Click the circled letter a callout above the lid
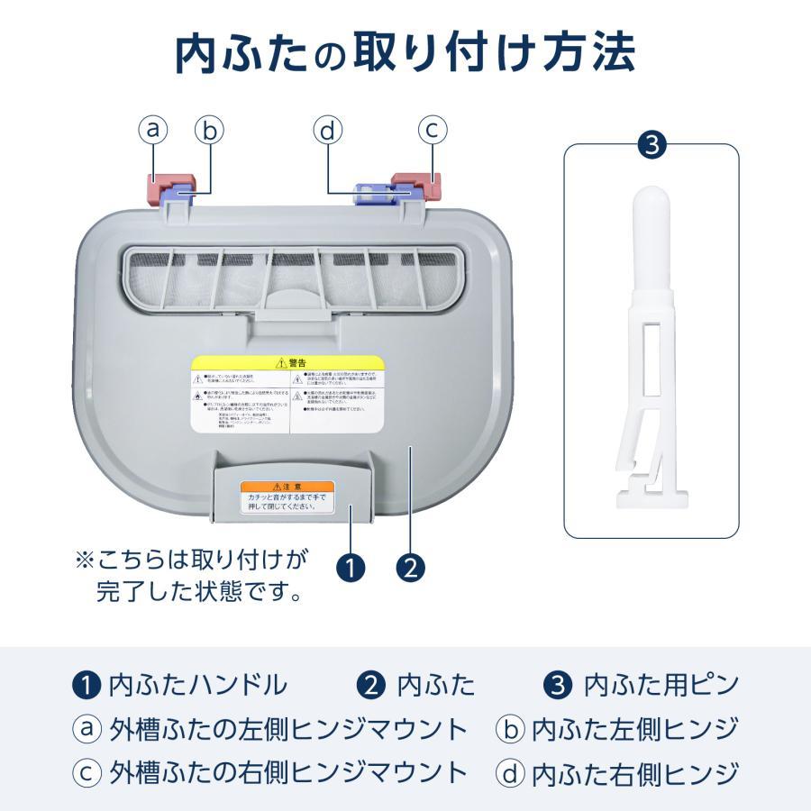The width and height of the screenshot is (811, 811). (154, 131)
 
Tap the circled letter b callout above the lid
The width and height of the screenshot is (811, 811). (209, 131)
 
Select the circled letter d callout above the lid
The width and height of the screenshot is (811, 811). (327, 131)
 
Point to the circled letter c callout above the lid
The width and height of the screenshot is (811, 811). (433, 131)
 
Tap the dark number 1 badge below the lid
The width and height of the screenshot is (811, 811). (351, 568)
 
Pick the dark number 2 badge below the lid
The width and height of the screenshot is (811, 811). (410, 568)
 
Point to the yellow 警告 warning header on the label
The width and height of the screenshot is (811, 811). (287, 362)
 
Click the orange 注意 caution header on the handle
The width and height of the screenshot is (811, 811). (287, 487)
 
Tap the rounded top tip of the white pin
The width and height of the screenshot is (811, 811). (652, 203)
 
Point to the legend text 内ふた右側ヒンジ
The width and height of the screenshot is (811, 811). (635, 772)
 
